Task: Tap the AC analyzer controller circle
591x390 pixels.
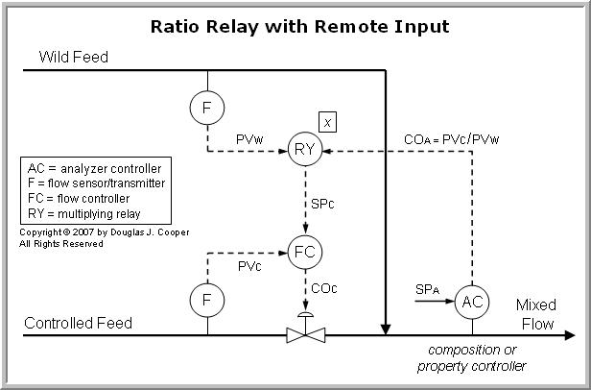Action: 471,301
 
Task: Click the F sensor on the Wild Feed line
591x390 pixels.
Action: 206,108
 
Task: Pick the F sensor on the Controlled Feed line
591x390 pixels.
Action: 206,301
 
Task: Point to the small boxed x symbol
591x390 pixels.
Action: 328,122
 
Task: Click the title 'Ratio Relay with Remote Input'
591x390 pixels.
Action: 295,26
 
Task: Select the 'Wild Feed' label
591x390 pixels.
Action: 73,58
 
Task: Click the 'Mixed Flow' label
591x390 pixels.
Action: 535,314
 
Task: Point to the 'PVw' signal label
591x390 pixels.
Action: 251,140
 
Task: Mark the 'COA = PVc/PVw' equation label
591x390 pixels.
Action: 451,140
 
